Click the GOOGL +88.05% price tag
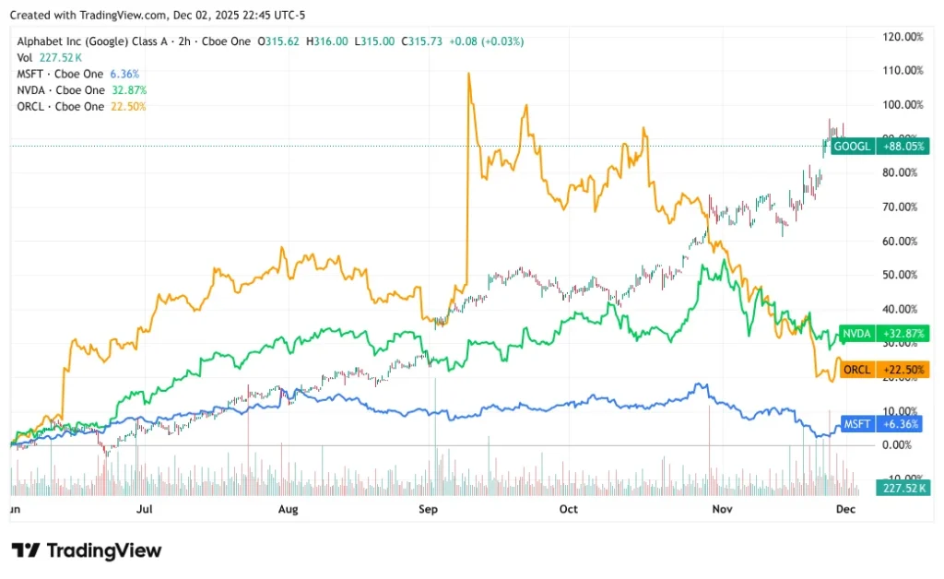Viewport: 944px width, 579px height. pos(879,146)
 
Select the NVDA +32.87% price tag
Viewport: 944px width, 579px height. pos(879,333)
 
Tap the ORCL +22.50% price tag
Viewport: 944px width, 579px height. pos(879,370)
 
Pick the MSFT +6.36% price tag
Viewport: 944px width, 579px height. pos(879,424)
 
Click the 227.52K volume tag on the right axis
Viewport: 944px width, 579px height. pos(903,488)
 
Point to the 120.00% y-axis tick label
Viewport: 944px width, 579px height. pos(903,37)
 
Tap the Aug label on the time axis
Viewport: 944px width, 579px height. pos(289,508)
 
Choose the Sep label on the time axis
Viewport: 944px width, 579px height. pos(428,508)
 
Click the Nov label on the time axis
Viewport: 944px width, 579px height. pos(709,508)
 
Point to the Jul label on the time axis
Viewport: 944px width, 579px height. pos(144,508)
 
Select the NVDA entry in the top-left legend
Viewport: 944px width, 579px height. pos(61,90)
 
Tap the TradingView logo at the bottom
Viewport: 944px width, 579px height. pos(87,550)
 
